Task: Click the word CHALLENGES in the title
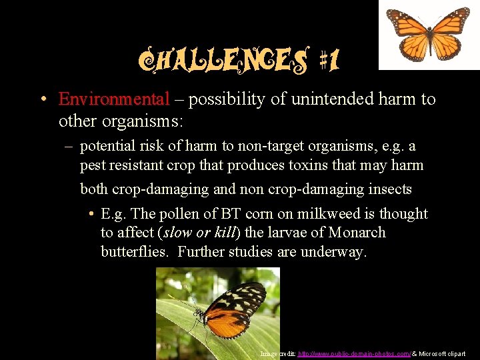coord(224,62)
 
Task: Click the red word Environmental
coord(114,99)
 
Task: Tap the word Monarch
coord(358,233)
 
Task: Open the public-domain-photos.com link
coord(354,353)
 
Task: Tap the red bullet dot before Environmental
coord(42,100)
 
